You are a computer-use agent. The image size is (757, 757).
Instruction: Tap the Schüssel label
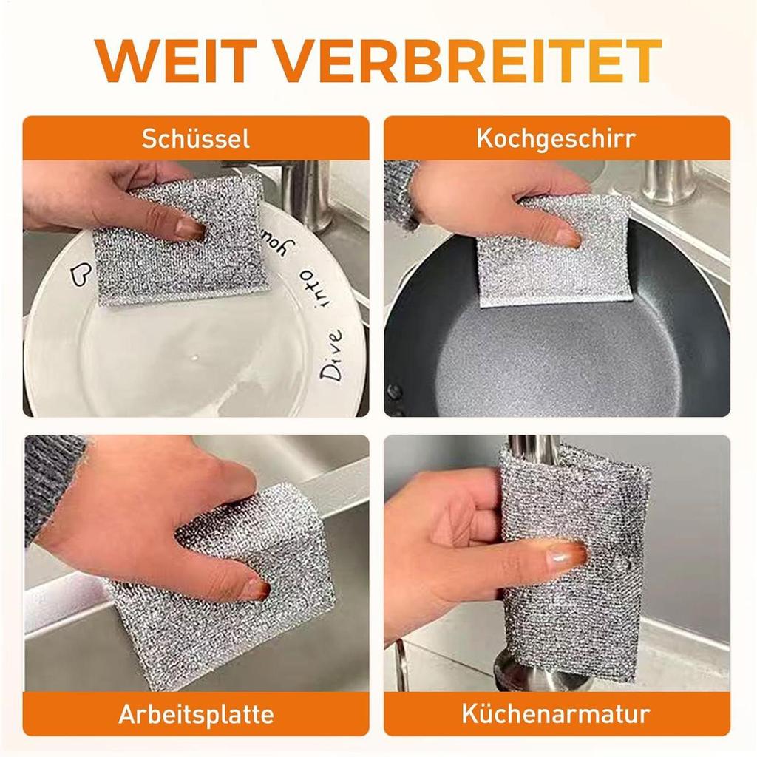196,138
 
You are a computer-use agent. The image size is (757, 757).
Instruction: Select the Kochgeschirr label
556,138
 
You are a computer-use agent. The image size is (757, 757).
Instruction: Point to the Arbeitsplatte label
196,714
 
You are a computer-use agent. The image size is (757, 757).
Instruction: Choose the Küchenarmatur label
556,714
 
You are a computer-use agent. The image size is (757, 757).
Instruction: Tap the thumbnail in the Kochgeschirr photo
568,237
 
